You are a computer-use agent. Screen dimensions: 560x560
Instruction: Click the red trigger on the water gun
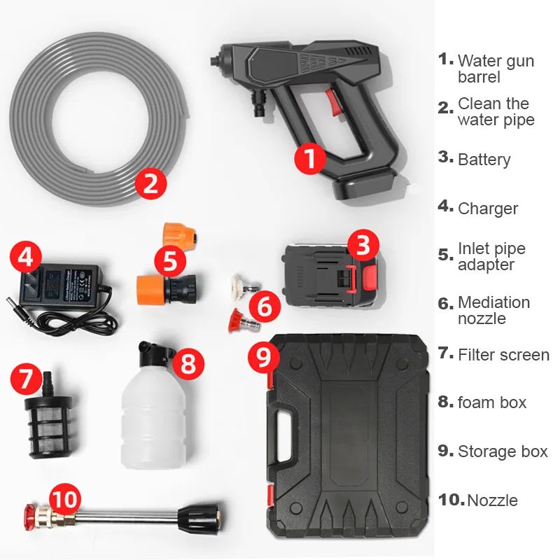(333, 102)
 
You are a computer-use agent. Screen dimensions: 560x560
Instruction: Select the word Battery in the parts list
(484, 160)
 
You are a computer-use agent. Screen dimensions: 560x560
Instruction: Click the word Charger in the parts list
(487, 209)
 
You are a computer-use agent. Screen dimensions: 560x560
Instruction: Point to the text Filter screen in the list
(503, 355)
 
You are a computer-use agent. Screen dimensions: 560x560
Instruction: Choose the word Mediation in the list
(494, 302)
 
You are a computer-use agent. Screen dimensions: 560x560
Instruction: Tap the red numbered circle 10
(64, 499)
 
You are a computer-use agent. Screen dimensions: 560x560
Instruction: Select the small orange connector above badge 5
(180, 237)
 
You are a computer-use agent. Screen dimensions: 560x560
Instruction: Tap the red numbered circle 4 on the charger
(26, 256)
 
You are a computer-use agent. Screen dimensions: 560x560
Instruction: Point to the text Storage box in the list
(503, 451)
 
